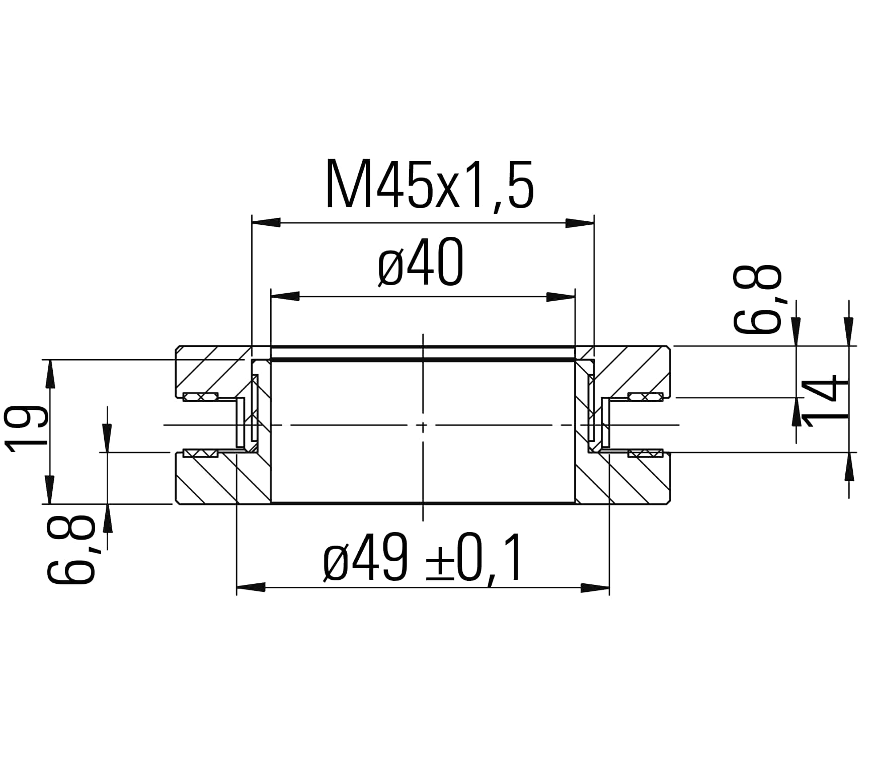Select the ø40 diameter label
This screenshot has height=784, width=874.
(421, 263)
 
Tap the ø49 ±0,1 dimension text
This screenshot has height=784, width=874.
(423, 558)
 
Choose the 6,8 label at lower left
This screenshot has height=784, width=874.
(70, 550)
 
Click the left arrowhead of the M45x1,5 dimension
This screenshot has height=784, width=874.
(266, 223)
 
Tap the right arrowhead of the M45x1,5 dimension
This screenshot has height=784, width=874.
(580, 223)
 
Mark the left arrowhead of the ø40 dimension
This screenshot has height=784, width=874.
(285, 297)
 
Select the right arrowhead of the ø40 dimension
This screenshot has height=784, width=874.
(561, 297)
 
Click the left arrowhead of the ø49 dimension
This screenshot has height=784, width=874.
(251, 587)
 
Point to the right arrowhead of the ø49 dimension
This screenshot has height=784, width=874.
(595, 587)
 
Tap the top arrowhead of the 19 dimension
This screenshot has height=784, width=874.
(50, 374)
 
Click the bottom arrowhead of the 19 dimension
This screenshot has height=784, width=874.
(50, 489)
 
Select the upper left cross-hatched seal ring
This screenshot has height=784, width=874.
(200, 397)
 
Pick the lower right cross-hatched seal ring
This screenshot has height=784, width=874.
(646, 453)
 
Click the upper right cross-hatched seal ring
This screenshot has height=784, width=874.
(646, 397)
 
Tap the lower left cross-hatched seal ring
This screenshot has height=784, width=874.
(200, 453)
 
